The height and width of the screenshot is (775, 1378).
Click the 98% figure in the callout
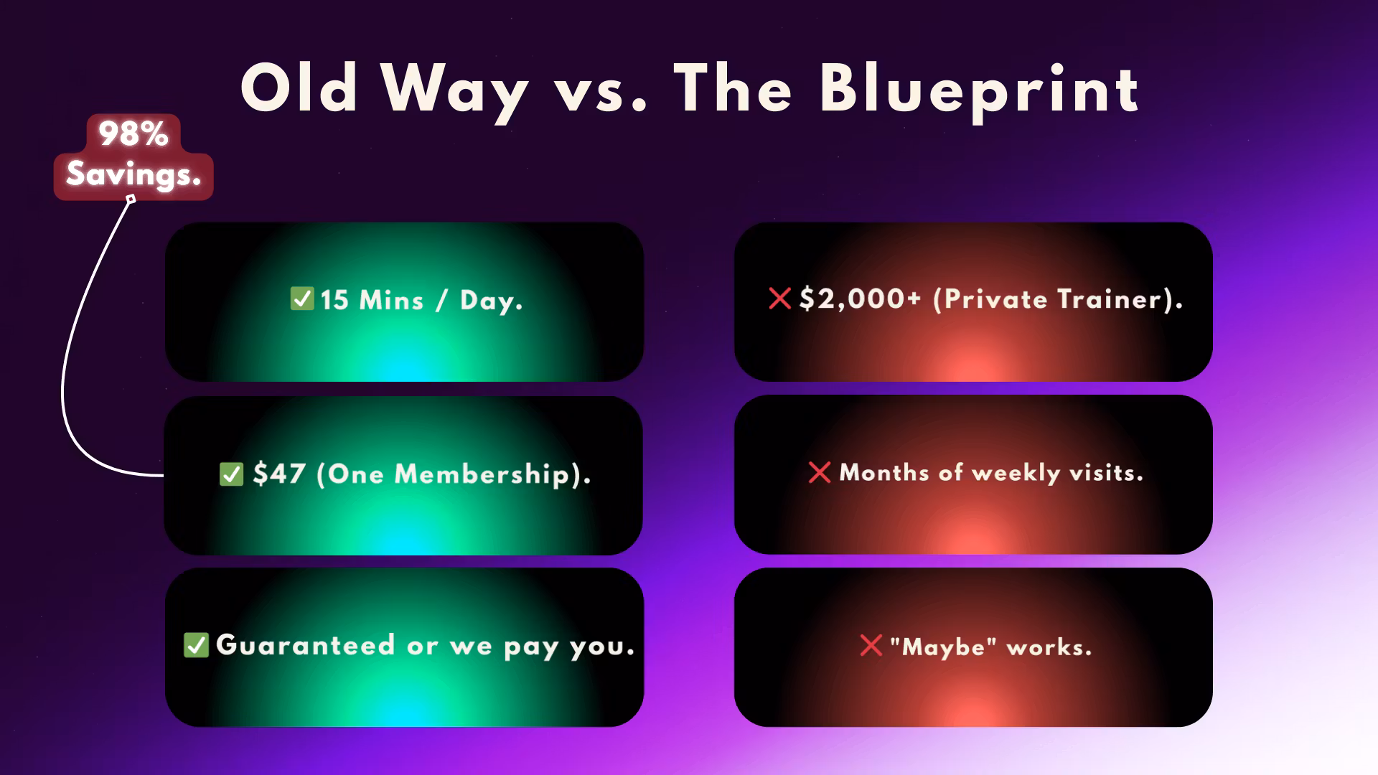pyautogui.click(x=133, y=133)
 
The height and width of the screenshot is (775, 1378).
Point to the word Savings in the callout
pyautogui.click(x=133, y=174)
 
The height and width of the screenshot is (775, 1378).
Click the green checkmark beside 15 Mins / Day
pyautogui.click(x=302, y=299)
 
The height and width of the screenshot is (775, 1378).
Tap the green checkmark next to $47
pyautogui.click(x=231, y=474)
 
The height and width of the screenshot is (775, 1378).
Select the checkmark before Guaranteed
pyautogui.click(x=196, y=645)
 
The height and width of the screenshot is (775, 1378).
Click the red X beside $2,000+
pyautogui.click(x=780, y=298)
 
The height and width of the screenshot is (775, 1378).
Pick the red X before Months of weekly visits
pyautogui.click(x=820, y=472)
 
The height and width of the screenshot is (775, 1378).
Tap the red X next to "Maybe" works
pyautogui.click(x=871, y=645)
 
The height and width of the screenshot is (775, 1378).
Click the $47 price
pyautogui.click(x=280, y=474)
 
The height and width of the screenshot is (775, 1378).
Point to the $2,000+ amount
pyautogui.click(x=860, y=299)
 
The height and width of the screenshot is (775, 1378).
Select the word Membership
pyautogui.click(x=482, y=474)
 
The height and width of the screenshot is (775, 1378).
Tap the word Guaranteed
pyautogui.click(x=306, y=645)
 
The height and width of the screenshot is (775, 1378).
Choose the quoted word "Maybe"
pyautogui.click(x=943, y=647)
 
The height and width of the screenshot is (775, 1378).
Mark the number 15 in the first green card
pyautogui.click(x=334, y=300)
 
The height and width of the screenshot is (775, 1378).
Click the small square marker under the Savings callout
pyautogui.click(x=131, y=199)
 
